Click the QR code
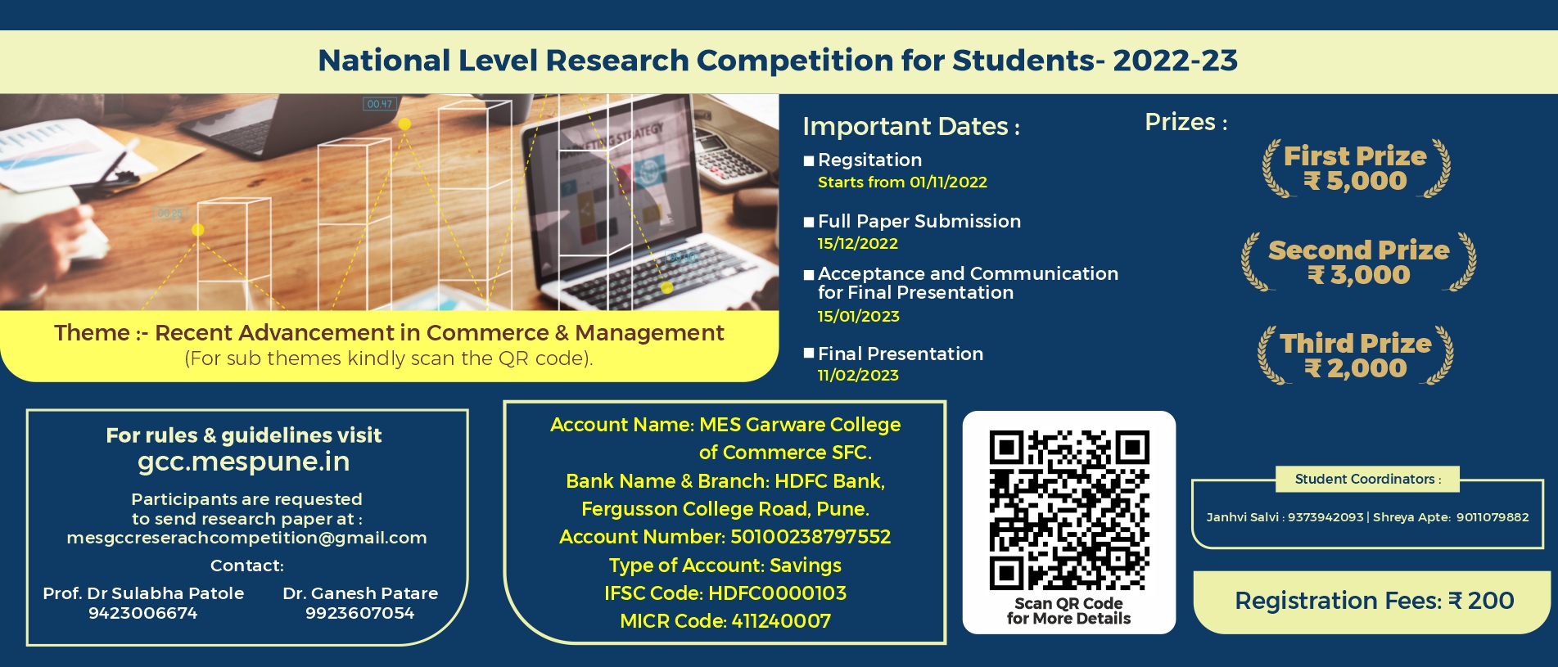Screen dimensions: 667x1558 1068,510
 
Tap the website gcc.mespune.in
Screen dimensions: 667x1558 243,462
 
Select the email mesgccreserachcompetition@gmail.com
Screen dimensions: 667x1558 246,538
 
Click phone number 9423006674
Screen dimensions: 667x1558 143,613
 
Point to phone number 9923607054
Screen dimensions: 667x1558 359,613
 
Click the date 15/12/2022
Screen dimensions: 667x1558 857,244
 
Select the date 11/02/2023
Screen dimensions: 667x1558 858,376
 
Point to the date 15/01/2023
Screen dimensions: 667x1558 858,317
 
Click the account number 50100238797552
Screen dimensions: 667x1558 810,537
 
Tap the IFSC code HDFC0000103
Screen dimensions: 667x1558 777,593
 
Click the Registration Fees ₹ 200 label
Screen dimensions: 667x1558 1374,601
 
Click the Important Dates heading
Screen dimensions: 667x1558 910,127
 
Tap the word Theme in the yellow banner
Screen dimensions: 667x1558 92,333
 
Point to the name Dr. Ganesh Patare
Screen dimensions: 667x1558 360,593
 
